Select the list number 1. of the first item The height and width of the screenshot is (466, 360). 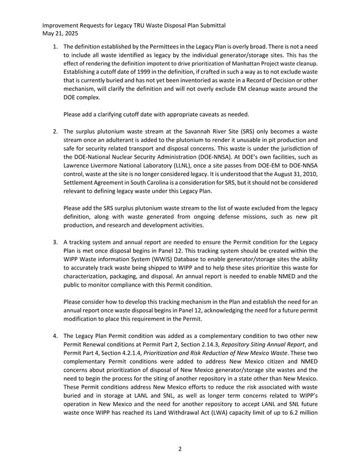tap(56, 46)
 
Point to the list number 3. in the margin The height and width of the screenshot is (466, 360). tap(56, 243)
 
